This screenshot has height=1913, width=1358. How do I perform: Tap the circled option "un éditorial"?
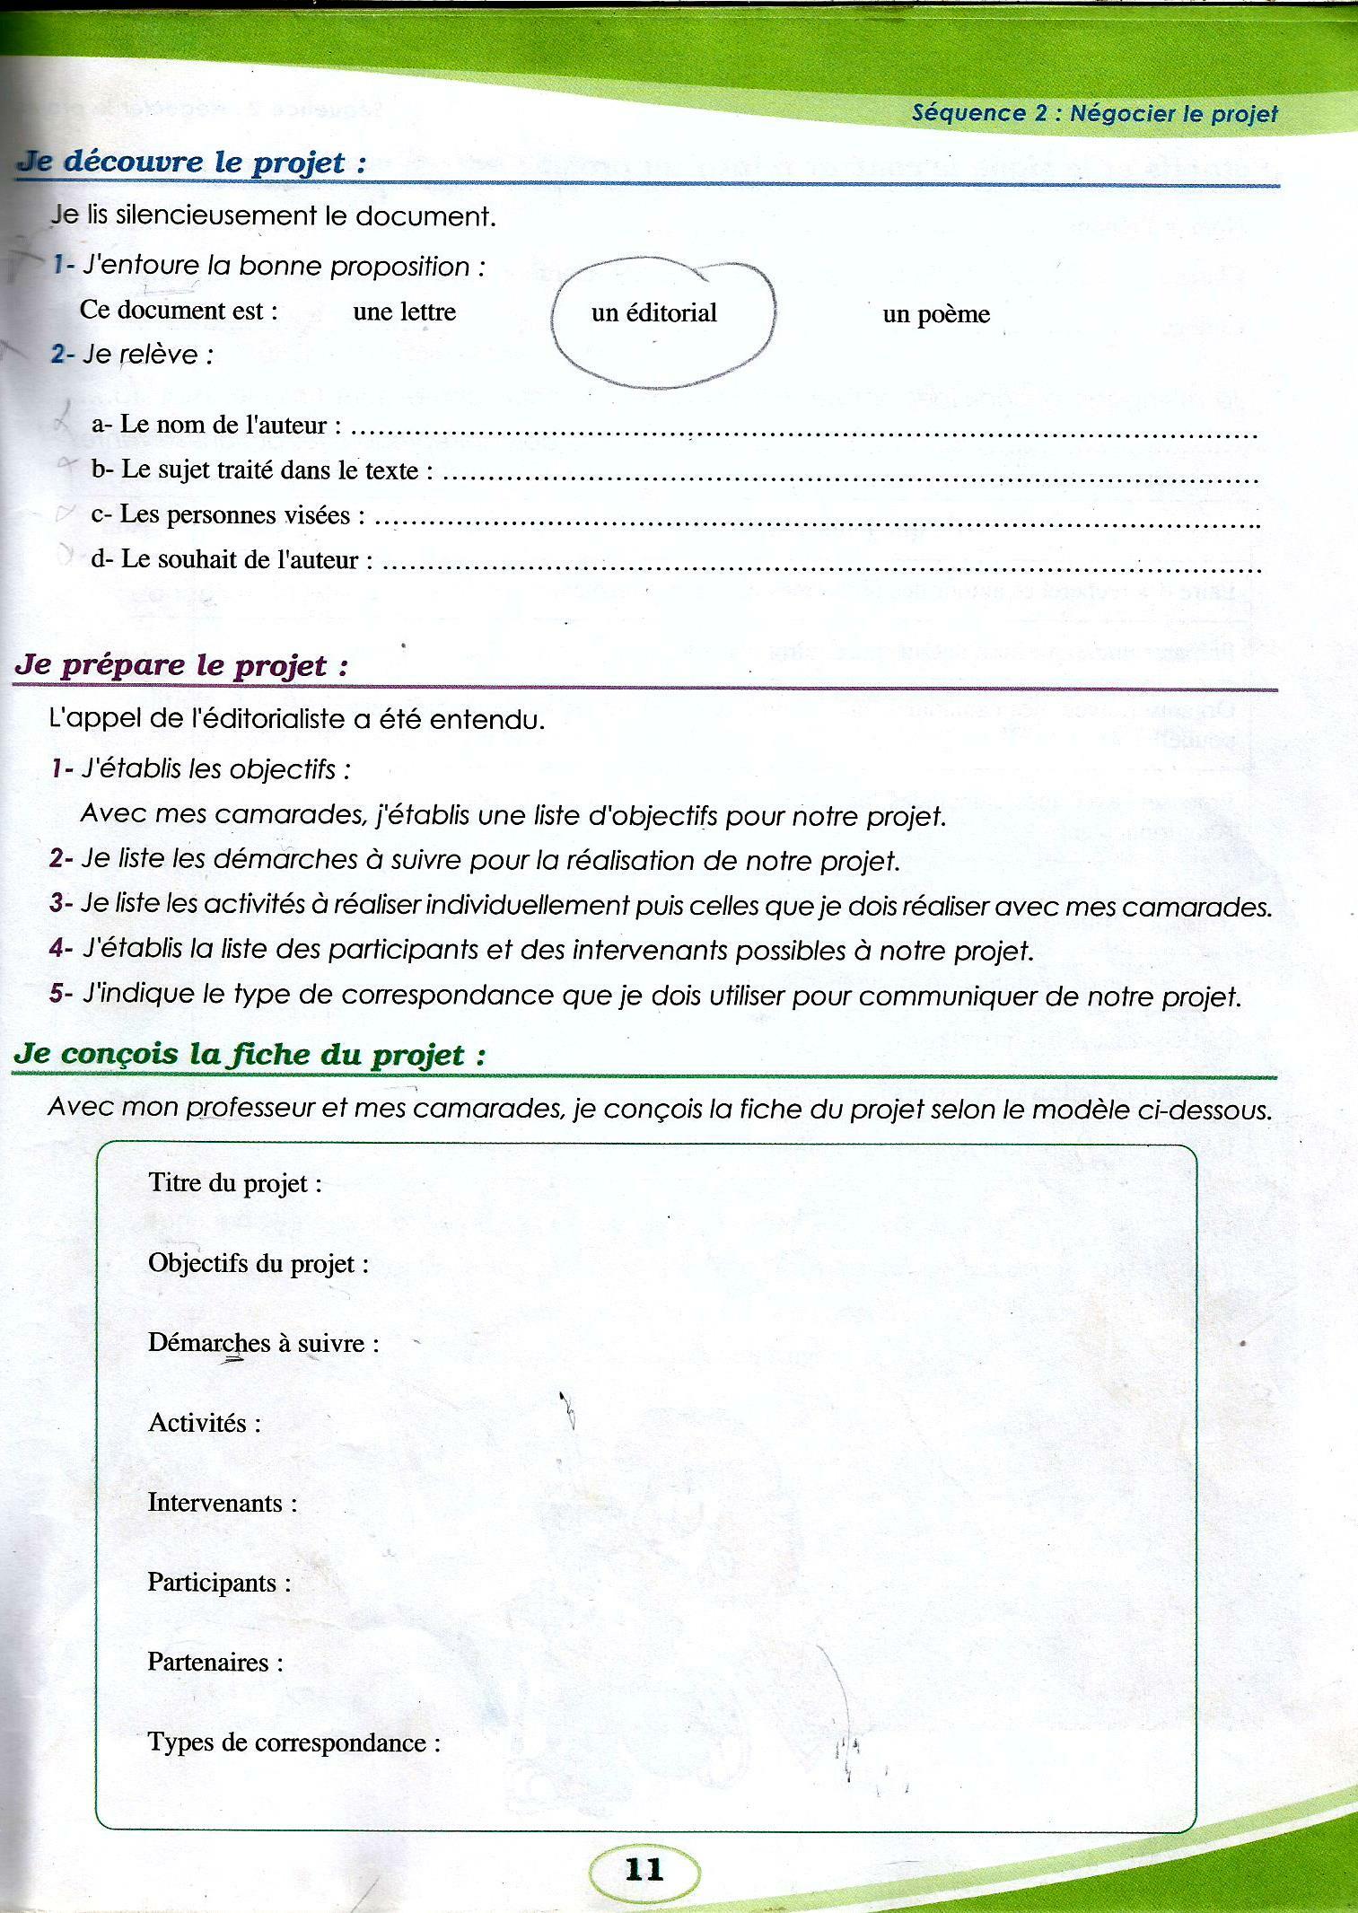click(x=653, y=313)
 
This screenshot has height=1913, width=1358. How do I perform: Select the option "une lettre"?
click(x=404, y=312)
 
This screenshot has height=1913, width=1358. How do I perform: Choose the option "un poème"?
click(x=936, y=314)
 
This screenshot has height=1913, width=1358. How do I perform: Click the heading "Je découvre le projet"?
click(x=192, y=162)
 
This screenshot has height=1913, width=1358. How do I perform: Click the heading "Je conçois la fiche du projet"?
click(x=250, y=1054)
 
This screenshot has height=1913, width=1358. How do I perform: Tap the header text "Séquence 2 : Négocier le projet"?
click(x=1094, y=114)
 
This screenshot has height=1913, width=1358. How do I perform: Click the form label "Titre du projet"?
click(x=234, y=1183)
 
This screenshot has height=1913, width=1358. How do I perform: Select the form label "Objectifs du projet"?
click(x=258, y=1264)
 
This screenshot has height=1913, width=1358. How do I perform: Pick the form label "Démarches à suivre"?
click(x=263, y=1343)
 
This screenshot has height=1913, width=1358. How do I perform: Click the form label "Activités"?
click(x=204, y=1423)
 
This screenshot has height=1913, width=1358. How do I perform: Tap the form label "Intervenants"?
click(x=222, y=1503)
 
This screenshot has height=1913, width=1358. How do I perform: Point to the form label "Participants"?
click(x=219, y=1583)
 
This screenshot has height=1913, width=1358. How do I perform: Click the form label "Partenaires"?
click(x=215, y=1663)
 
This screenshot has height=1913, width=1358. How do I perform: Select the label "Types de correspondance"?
click(x=294, y=1742)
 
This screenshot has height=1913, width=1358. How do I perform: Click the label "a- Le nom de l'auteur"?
click(x=215, y=425)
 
